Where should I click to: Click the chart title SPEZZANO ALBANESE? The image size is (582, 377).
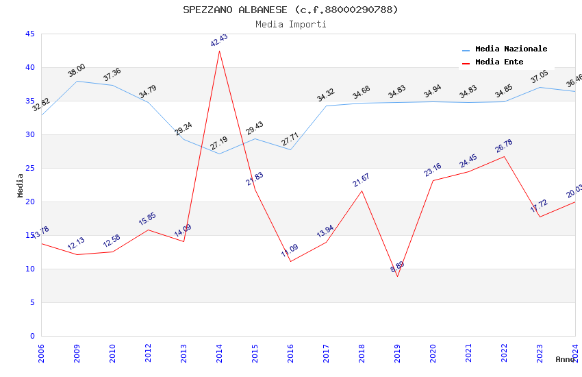click(x=290, y=10)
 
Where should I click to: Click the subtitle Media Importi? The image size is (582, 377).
click(x=290, y=24)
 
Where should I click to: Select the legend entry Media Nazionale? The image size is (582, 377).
click(x=511, y=49)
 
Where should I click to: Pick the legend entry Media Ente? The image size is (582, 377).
click(x=499, y=62)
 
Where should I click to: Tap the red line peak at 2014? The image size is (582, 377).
click(x=219, y=51)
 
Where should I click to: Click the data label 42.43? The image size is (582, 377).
click(x=219, y=40)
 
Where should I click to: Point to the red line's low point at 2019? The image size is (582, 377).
click(x=397, y=276)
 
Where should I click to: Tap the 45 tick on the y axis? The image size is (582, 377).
click(x=29, y=34)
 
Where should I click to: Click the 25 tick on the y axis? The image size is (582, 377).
click(x=29, y=168)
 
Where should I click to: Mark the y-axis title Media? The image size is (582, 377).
click(x=21, y=185)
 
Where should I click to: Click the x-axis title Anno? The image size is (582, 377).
click(x=565, y=359)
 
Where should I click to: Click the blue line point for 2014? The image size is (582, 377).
click(x=219, y=154)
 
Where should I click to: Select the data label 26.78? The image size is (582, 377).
click(x=504, y=146)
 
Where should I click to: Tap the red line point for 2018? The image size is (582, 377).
click(x=362, y=191)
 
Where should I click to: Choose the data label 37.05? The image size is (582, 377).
click(x=540, y=77)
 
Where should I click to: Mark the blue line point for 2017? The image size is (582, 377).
click(x=326, y=106)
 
